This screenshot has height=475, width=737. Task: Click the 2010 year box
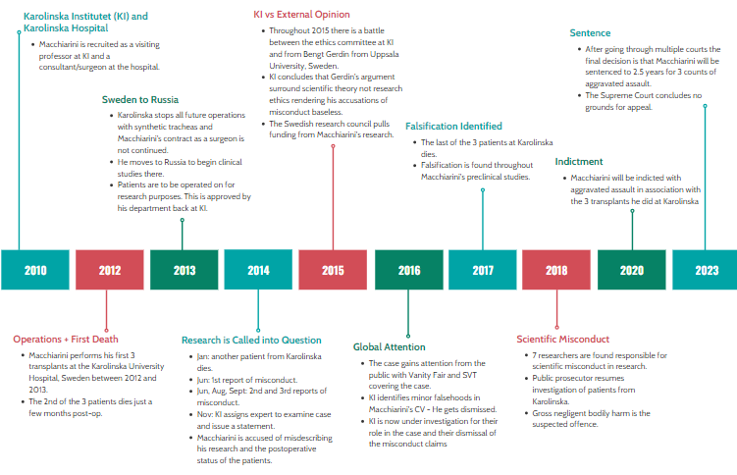coord(35,270)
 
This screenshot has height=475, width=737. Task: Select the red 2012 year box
coord(110,270)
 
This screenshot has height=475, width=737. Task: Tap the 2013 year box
coord(184,270)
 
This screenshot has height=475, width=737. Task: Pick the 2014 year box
coord(258,270)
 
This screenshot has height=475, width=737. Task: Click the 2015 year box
coord(333,270)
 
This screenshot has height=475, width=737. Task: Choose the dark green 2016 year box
coord(407,270)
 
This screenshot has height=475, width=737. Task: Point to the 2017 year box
coord(482,270)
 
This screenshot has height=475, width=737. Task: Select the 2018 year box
coord(556,270)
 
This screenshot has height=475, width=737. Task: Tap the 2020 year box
coord(631,270)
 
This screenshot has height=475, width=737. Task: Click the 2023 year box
coord(706,270)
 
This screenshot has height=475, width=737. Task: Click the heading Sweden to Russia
coord(141,99)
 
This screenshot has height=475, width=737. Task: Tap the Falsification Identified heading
coord(453,127)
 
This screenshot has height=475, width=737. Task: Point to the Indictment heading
coord(579,162)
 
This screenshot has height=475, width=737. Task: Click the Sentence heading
coord(590,32)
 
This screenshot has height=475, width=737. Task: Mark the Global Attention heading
coord(390,347)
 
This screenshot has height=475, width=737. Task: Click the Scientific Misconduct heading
coord(563,340)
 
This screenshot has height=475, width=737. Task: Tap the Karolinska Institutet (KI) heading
coord(85,17)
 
